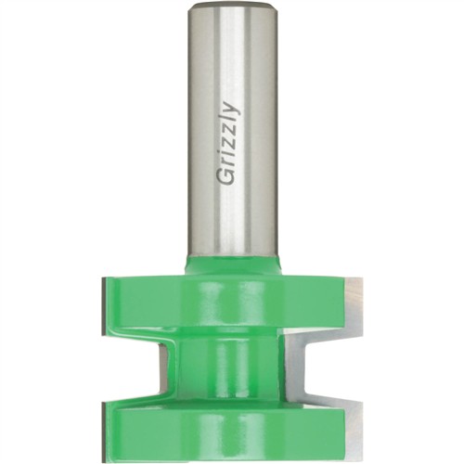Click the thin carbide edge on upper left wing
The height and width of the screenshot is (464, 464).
[x=103, y=306]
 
